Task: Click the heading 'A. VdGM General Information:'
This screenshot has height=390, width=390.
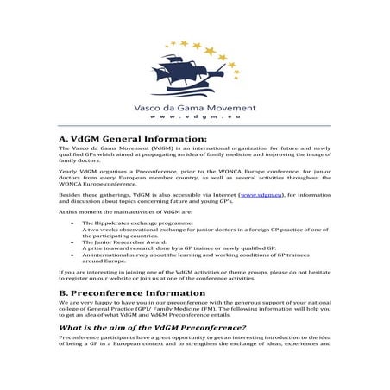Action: pyautogui.click(x=133, y=139)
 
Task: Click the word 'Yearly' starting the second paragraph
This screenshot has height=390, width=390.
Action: pyautogui.click(x=69, y=170)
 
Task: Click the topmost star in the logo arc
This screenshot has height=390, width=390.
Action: pyautogui.click(x=184, y=41)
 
